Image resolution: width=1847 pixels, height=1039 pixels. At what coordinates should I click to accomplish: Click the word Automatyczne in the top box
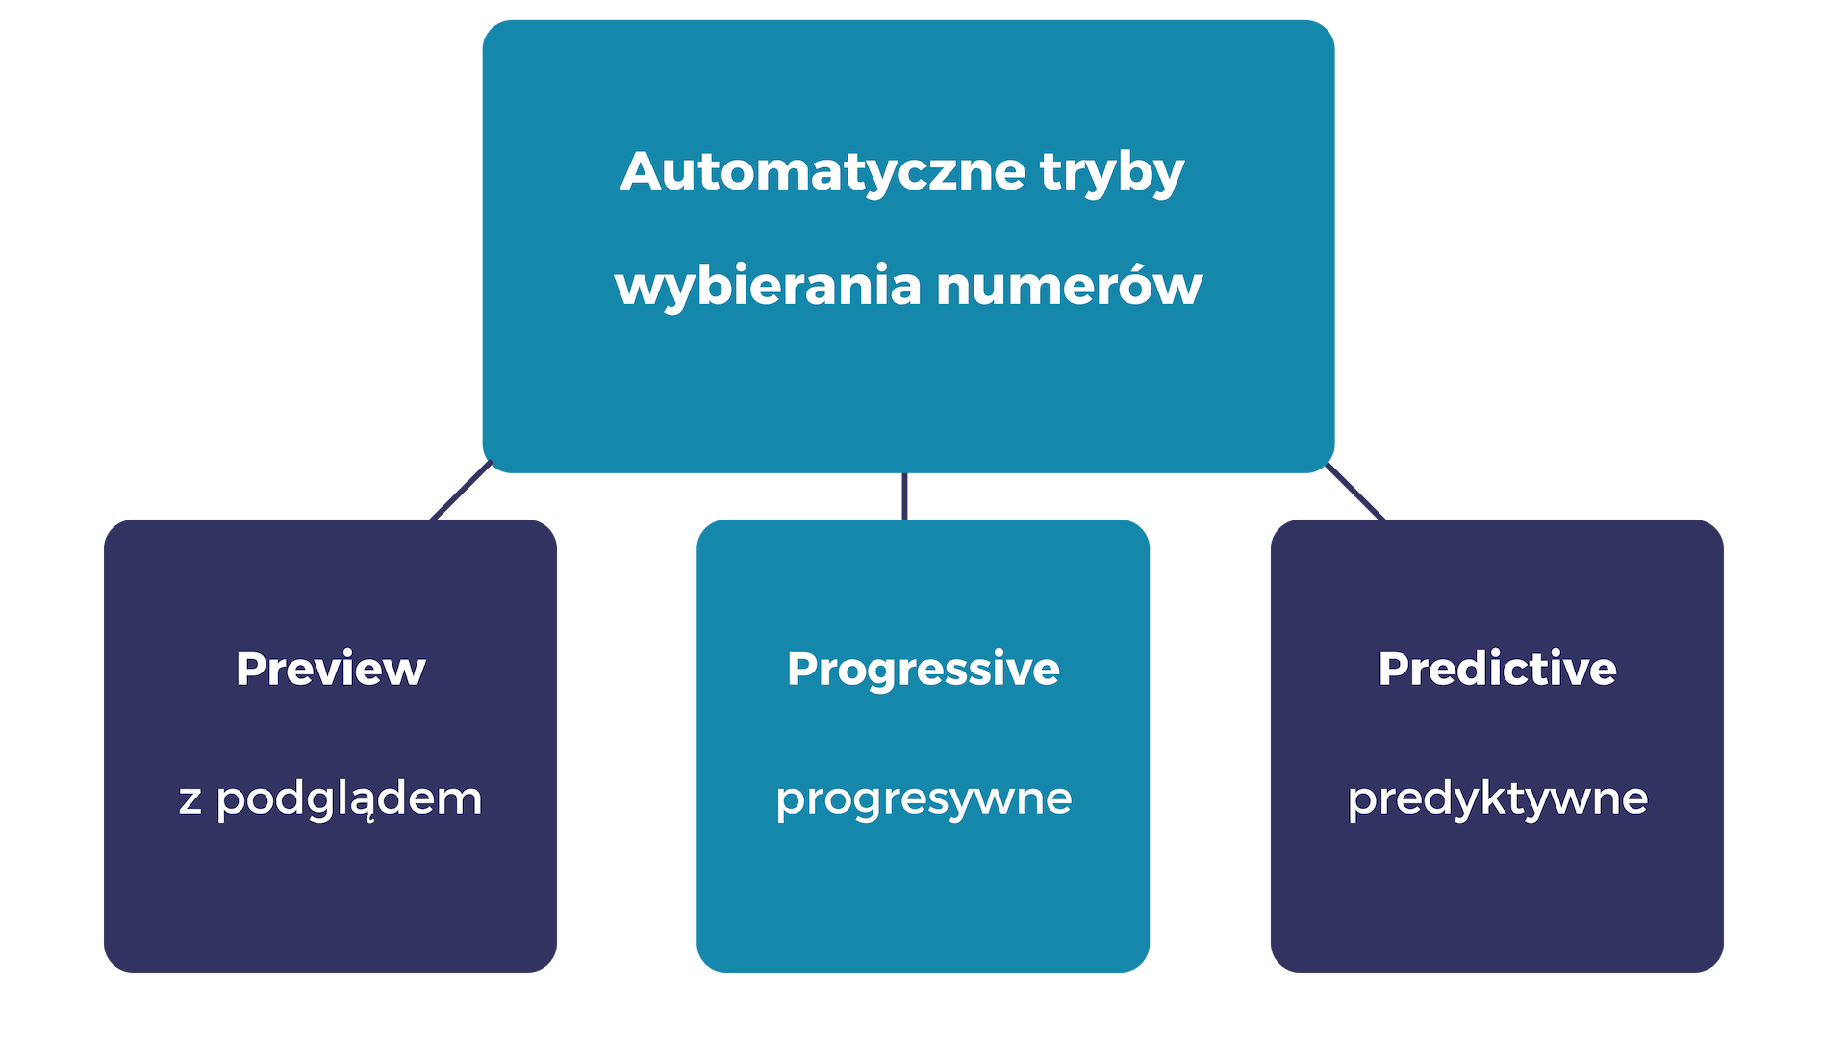822,172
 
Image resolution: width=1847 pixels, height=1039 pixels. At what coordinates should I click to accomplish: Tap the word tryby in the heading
1111,174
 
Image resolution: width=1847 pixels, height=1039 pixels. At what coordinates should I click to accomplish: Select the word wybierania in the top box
767,287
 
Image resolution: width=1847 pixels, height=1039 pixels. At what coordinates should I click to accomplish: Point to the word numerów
1069,287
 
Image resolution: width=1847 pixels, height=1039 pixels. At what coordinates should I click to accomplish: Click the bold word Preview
330,669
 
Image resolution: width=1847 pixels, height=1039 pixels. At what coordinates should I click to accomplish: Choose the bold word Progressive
923,669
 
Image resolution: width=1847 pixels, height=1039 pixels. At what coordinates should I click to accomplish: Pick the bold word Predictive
1497,669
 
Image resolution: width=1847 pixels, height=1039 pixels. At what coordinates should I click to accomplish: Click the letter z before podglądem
190,800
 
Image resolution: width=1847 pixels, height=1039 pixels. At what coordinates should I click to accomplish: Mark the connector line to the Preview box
461,492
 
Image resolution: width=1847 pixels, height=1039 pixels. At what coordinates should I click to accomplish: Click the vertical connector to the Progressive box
904,495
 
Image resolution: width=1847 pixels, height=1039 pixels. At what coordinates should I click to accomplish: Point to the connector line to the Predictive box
1356,492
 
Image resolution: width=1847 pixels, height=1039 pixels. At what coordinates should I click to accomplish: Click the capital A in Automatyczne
643,172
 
